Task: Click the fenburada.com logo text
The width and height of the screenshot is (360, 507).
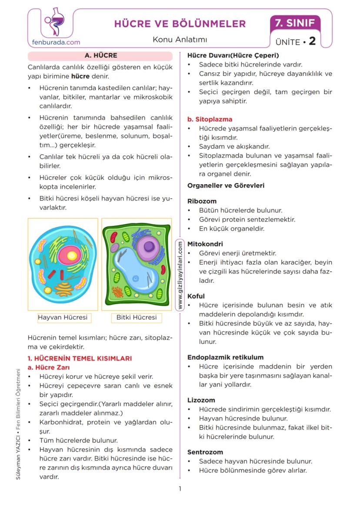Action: tap(56, 42)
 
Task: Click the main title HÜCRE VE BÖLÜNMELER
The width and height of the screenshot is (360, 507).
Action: tap(180, 23)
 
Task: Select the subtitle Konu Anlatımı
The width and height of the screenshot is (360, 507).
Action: tap(180, 40)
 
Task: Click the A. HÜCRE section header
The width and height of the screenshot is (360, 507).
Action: tap(100, 56)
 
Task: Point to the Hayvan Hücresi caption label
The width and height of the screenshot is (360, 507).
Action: tap(63, 317)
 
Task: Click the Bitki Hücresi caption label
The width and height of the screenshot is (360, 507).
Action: tap(137, 317)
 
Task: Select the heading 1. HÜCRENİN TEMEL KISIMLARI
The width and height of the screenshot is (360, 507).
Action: tap(80, 358)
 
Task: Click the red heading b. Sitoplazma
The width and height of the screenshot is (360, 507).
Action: tap(210, 119)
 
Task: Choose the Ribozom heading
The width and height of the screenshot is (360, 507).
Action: tap(202, 201)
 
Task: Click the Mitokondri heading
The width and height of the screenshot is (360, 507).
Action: tap(205, 244)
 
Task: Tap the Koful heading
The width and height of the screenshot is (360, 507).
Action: tap(196, 296)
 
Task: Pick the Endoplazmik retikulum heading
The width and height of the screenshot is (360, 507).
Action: tap(225, 357)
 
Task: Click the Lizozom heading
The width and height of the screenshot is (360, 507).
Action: tap(201, 400)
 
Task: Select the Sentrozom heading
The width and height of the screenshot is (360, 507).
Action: tap(205, 452)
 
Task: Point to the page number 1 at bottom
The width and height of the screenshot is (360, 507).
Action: tap(180, 489)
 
